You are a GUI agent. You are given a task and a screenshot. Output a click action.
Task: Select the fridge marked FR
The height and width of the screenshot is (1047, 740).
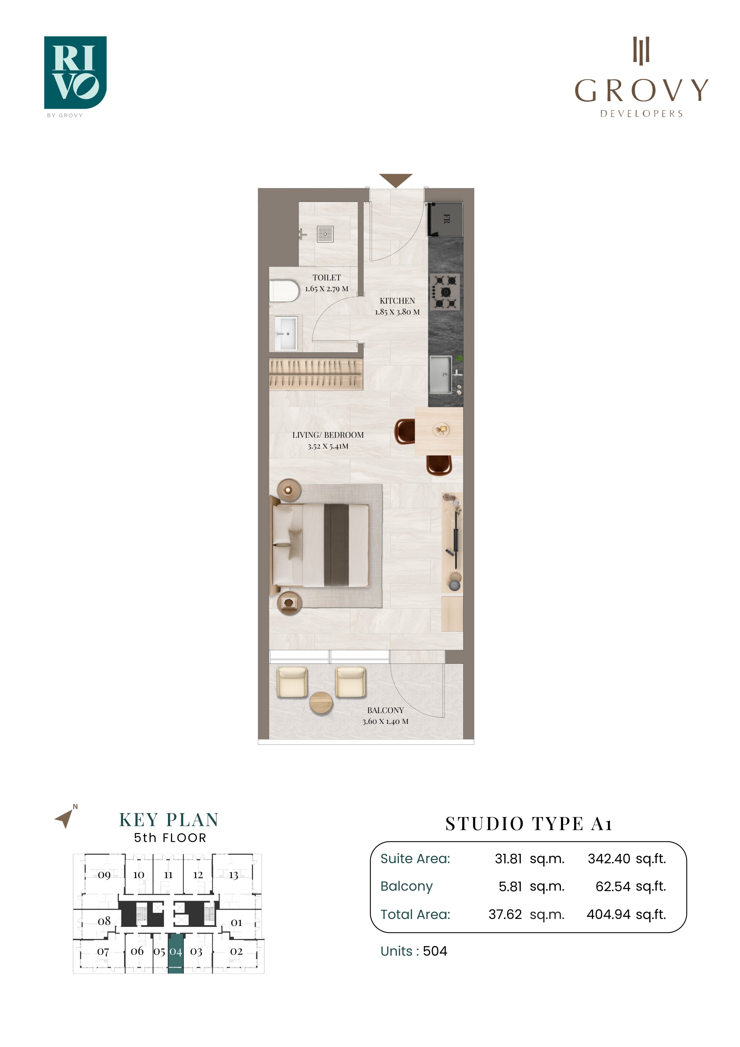point(445,219)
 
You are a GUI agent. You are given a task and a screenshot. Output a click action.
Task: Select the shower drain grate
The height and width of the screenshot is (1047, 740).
point(326,234)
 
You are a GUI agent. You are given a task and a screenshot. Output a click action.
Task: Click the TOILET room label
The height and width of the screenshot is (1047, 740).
point(326,277)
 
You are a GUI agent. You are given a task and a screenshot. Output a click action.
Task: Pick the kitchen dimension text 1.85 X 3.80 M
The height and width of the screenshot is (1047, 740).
point(397,312)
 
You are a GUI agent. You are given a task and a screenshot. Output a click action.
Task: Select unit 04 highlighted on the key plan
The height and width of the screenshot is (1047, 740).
point(176,952)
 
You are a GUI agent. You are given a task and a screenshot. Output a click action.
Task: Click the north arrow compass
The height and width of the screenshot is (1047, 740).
point(65,817)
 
